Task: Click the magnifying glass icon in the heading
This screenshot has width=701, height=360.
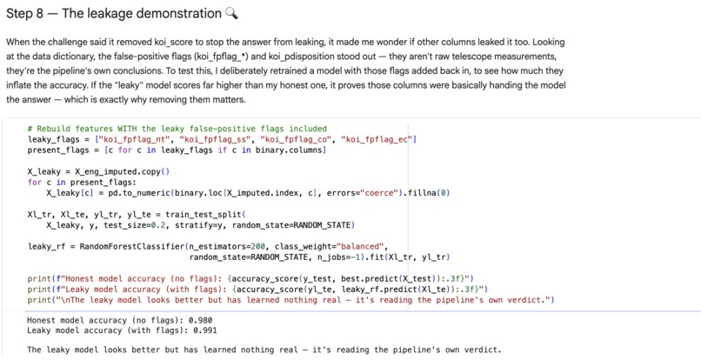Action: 231,13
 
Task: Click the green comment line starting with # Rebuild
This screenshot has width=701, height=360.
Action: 177,129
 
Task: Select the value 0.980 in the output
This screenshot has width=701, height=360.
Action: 200,320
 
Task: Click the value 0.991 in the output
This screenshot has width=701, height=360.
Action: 204,330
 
